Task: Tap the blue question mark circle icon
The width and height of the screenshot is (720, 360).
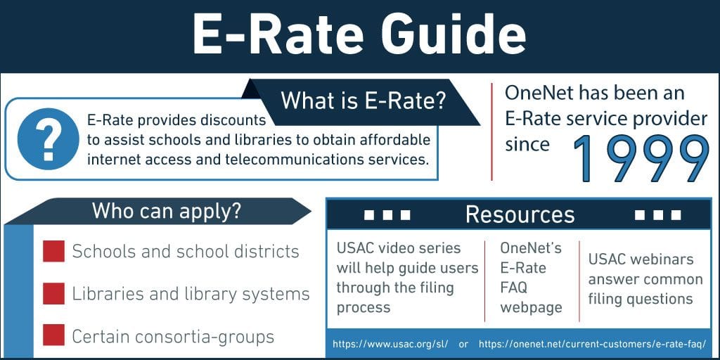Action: tap(49, 139)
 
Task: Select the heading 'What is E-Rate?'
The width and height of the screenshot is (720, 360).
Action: tap(364, 101)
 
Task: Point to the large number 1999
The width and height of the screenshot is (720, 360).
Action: tap(641, 160)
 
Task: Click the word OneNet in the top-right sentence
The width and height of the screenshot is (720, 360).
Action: tap(539, 94)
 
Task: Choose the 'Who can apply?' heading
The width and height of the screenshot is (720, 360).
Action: tap(166, 210)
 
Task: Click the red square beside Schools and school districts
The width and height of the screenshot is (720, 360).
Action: tap(53, 251)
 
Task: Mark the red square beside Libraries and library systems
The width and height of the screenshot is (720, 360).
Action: tap(53, 293)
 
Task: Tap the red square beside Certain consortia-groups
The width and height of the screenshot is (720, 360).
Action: tap(53, 335)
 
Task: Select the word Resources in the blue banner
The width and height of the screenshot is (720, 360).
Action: tap(520, 214)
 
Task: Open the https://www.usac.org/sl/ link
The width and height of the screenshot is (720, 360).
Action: tap(390, 344)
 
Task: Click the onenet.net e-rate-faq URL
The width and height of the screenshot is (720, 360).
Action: tap(592, 344)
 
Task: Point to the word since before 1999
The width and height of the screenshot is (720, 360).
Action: tap(527, 144)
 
